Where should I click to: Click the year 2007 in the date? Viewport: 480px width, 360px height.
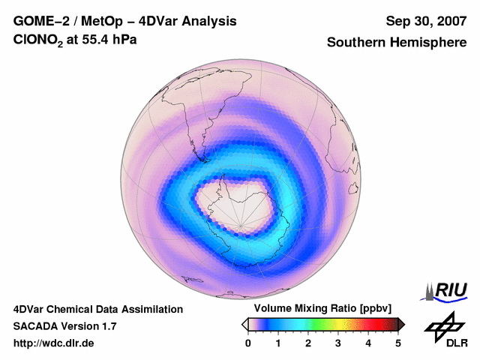[x=449, y=21]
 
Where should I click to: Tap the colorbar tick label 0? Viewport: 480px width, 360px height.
[x=248, y=343]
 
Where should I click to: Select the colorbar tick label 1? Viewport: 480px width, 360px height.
[x=278, y=343]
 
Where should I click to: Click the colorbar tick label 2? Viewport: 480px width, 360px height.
[x=308, y=343]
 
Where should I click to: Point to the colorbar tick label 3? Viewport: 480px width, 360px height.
[x=338, y=343]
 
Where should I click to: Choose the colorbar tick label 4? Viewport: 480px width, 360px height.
[x=368, y=343]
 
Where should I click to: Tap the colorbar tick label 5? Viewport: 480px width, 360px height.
[x=398, y=343]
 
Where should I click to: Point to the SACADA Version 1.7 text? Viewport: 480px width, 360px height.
[x=64, y=326]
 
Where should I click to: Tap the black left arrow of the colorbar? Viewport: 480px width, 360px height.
[x=244, y=324]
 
